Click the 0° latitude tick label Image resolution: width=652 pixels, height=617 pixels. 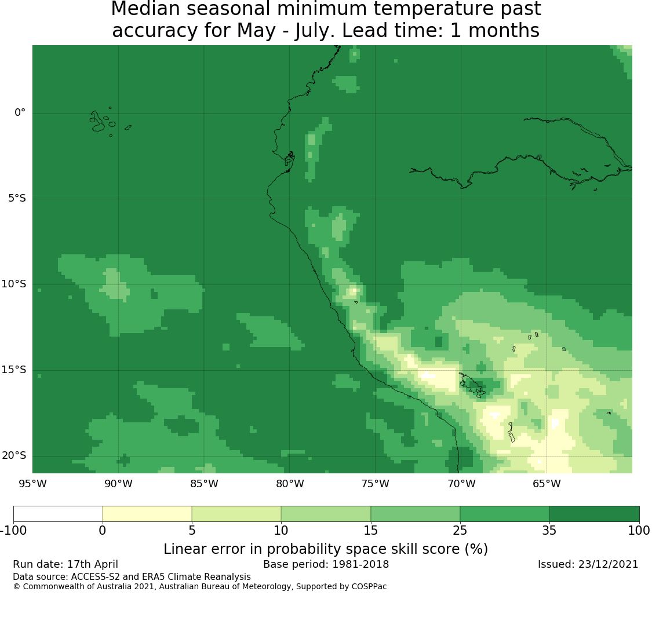[20, 112]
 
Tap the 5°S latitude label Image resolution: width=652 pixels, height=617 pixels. [17, 198]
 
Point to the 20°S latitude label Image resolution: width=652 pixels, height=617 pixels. [14, 455]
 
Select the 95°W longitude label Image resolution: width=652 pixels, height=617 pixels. [32, 484]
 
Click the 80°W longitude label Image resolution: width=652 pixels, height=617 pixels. [290, 484]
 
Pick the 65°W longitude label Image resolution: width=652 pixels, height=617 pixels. [547, 484]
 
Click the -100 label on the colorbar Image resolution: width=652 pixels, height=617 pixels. [13, 530]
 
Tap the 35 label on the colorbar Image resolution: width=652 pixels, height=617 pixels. [549, 530]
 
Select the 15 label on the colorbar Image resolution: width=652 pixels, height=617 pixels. [370, 530]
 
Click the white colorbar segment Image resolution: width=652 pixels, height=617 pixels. [58, 514]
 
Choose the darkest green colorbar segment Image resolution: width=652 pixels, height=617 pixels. [594, 514]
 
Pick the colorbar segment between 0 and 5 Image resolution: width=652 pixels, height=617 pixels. [147, 514]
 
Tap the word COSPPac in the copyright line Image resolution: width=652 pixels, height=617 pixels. [369, 587]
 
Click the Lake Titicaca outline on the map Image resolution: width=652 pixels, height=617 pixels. [472, 385]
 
